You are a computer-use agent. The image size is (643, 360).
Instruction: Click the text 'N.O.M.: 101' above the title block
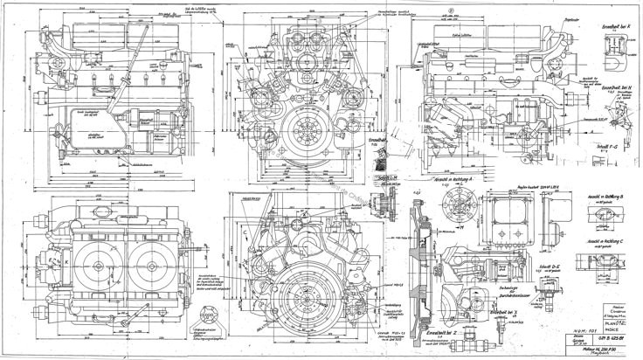point(577,315)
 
